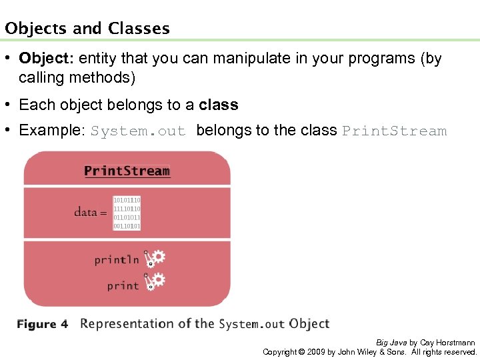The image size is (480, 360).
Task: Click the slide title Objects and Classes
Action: (87, 29)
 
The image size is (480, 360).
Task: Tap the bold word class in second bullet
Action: (218, 105)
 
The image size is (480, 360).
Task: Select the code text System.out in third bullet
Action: (138, 131)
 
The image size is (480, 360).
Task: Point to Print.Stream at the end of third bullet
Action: (394, 131)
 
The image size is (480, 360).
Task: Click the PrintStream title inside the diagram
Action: (127, 171)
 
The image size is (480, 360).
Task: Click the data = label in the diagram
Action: (90, 212)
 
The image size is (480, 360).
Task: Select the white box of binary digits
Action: (127, 213)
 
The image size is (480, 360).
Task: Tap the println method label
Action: (117, 260)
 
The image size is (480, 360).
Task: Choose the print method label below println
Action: (123, 285)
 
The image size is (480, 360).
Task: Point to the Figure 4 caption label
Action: (42, 325)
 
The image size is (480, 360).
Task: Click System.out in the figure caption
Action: (251, 325)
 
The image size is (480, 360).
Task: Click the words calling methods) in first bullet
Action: (77, 78)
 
